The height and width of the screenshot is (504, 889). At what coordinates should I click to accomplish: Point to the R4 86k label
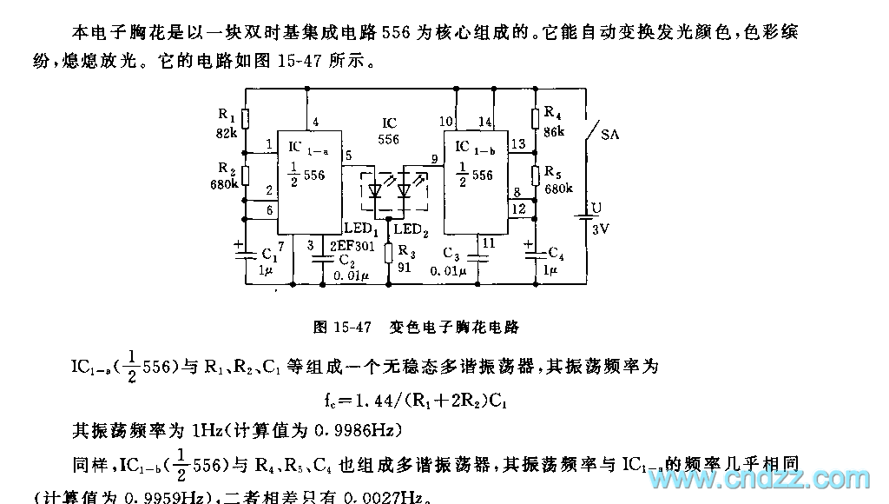pos(552,121)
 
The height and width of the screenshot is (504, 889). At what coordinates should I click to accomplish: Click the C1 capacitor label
pos(269,255)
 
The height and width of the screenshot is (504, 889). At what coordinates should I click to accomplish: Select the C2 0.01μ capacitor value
pos(352,276)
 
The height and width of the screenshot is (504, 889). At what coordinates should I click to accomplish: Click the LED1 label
pos(360,227)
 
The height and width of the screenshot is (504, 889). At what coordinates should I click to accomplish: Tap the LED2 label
pos(410,229)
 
